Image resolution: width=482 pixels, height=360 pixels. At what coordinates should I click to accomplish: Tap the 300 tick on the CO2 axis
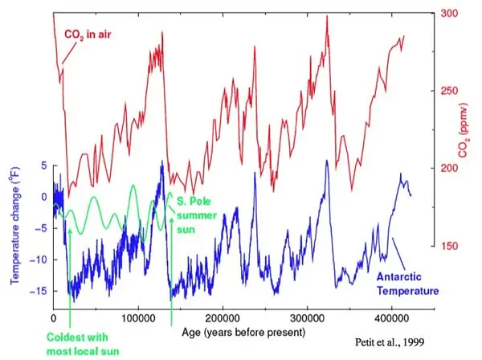click(449, 13)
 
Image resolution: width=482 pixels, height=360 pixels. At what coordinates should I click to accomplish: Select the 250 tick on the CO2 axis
click(449, 91)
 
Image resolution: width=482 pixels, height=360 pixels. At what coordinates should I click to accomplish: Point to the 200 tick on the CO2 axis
click(449, 169)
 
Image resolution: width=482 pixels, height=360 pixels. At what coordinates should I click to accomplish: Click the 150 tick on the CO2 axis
click(449, 247)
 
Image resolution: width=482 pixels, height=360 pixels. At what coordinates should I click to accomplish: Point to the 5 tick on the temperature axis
click(44, 165)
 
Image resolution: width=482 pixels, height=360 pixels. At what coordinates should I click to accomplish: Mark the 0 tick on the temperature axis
click(44, 196)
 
